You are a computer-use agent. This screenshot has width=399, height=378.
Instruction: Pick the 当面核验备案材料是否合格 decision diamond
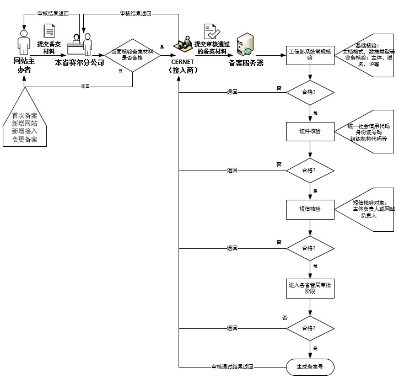click(x=132, y=55)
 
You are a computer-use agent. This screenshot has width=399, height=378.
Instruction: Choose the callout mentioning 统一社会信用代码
click(x=366, y=133)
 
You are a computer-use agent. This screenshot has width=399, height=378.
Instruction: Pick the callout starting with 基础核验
click(x=366, y=55)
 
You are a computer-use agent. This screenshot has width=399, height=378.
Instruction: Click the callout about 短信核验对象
click(x=368, y=209)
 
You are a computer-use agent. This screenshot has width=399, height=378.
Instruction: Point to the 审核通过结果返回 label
click(x=232, y=366)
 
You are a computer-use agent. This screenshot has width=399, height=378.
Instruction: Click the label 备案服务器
click(x=246, y=63)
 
